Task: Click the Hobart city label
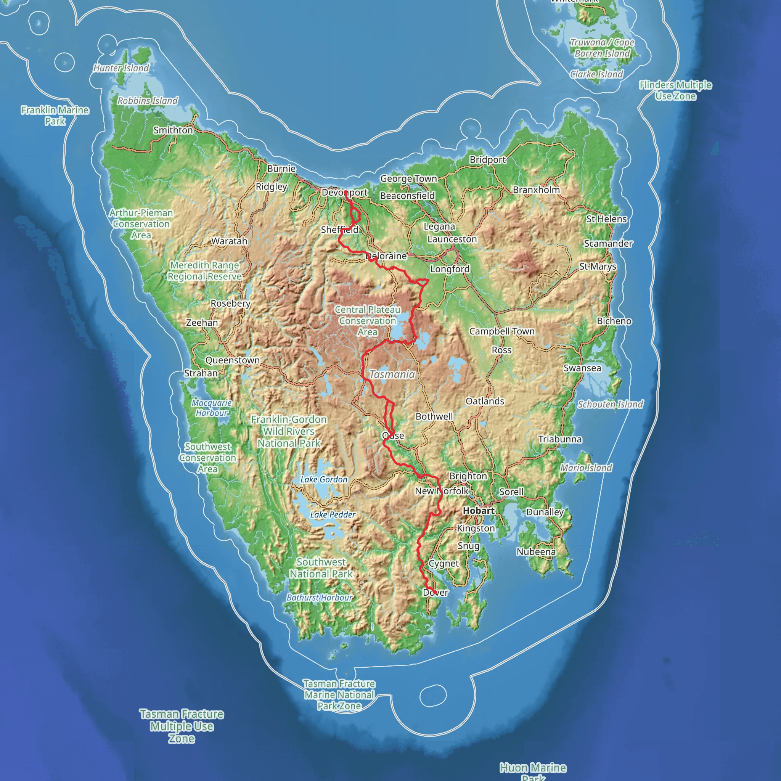point(479,511)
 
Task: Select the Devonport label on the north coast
point(344,193)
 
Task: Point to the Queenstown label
point(233,360)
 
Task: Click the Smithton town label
point(173,130)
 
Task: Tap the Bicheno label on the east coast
point(614,321)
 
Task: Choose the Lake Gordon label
point(324,479)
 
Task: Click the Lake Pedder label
point(333,514)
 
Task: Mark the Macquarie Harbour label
point(212,408)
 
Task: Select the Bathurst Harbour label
point(319,598)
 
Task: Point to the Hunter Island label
point(121,68)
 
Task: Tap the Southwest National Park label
point(321,567)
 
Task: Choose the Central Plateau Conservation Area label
point(368,321)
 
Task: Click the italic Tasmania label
point(392,374)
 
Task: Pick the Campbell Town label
point(502,331)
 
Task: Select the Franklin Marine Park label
point(55,115)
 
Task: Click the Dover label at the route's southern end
point(435,592)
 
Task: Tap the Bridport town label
point(487,160)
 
